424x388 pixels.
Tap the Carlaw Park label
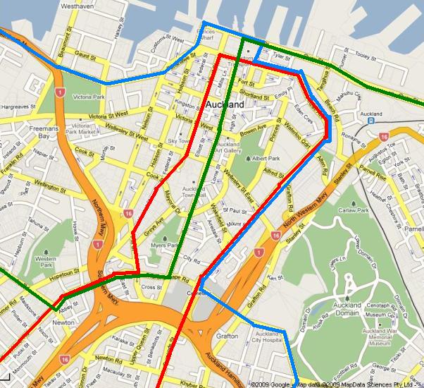point(354,210)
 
